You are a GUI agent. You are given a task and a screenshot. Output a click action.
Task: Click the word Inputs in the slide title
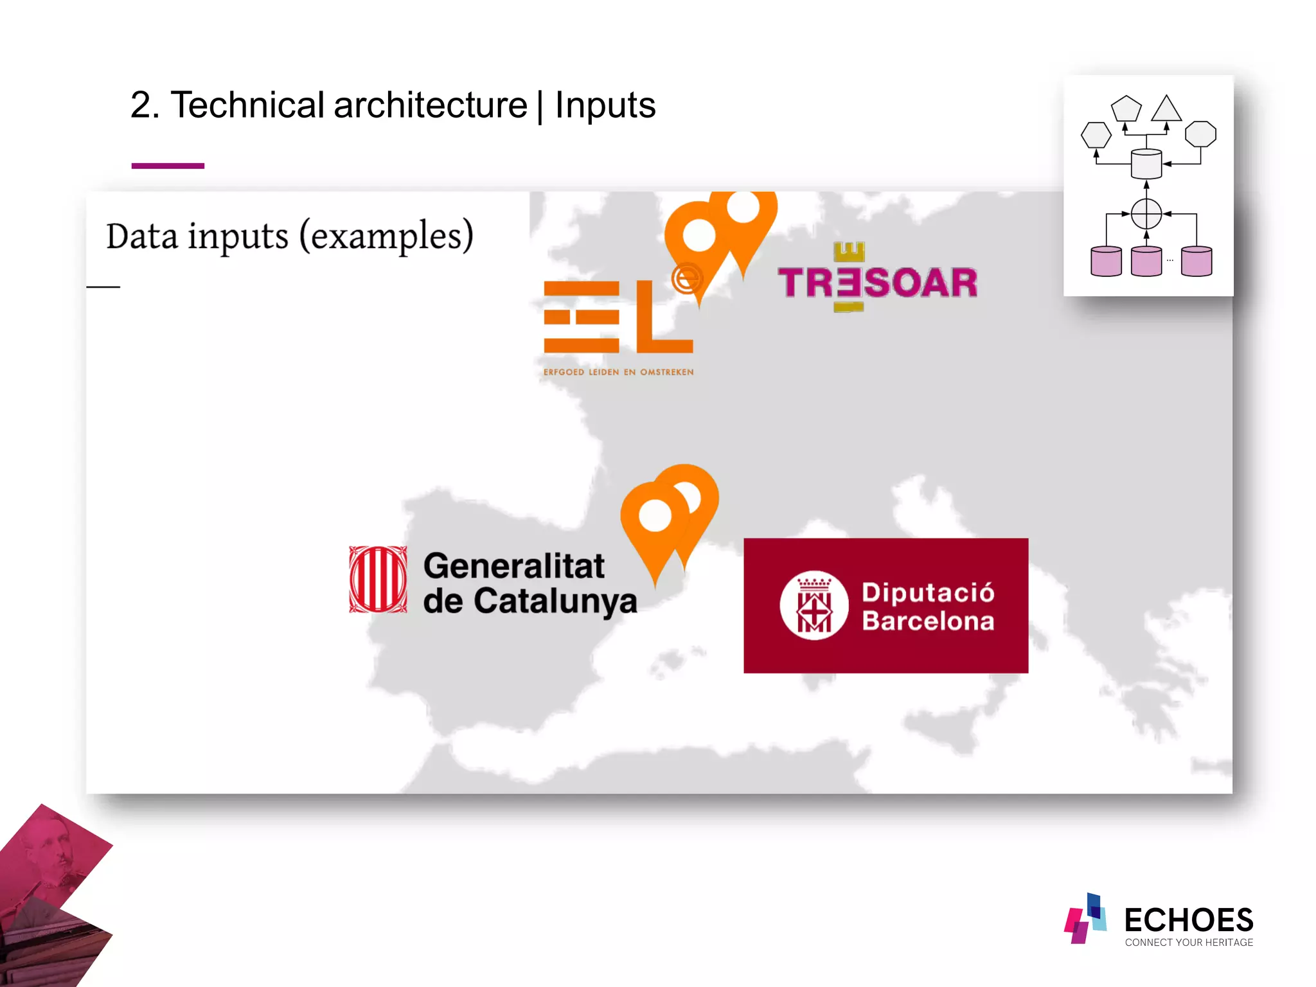pos(605,105)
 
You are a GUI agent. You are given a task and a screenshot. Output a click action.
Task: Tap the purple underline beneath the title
pos(168,166)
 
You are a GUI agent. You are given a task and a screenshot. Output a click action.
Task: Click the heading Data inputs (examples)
pos(289,236)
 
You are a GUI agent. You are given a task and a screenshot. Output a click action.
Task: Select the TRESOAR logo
pos(877,280)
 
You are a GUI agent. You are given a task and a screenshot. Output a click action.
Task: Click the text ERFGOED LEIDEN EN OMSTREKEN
pos(618,372)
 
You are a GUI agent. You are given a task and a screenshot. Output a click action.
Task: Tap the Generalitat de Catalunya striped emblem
pos(378,580)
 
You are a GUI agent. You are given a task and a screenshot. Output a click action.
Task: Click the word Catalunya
pos(555,601)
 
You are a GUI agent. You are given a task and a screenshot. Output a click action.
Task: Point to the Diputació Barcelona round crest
pos(814,605)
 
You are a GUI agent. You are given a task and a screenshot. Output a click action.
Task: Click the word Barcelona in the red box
pos(928,621)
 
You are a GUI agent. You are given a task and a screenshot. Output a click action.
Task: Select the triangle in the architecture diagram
pos(1166,110)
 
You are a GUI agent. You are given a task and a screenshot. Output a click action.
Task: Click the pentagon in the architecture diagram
pos(1126,109)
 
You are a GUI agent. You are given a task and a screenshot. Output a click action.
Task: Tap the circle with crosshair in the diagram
pos(1146,214)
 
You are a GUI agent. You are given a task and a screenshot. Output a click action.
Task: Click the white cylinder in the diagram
pos(1146,164)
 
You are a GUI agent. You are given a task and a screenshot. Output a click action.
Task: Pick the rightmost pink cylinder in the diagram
pos(1196,262)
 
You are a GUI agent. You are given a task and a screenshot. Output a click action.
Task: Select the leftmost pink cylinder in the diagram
pos(1106,262)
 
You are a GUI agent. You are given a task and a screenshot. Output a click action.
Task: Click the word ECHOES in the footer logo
pos(1188,920)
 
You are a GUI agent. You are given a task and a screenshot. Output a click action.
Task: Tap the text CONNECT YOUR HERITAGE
pos(1189,943)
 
